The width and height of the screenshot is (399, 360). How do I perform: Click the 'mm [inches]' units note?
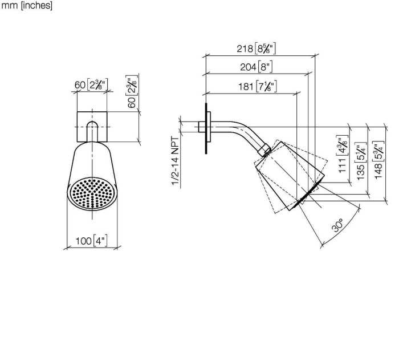coord(27,6)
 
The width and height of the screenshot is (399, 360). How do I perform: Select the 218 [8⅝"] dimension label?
coord(256,48)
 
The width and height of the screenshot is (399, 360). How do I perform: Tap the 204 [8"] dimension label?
coord(256,67)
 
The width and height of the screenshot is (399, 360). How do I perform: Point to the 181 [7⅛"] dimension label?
coord(258,86)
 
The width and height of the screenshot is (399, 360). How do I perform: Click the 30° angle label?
coord(338,225)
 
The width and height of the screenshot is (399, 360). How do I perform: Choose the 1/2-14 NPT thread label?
coord(176,161)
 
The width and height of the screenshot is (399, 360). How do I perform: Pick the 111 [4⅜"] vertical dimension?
coord(343,154)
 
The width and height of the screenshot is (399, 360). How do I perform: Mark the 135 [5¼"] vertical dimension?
coord(361,161)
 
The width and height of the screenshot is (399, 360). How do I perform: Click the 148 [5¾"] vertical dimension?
coord(378,160)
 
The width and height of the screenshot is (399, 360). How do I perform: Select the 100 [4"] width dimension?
coord(91,241)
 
